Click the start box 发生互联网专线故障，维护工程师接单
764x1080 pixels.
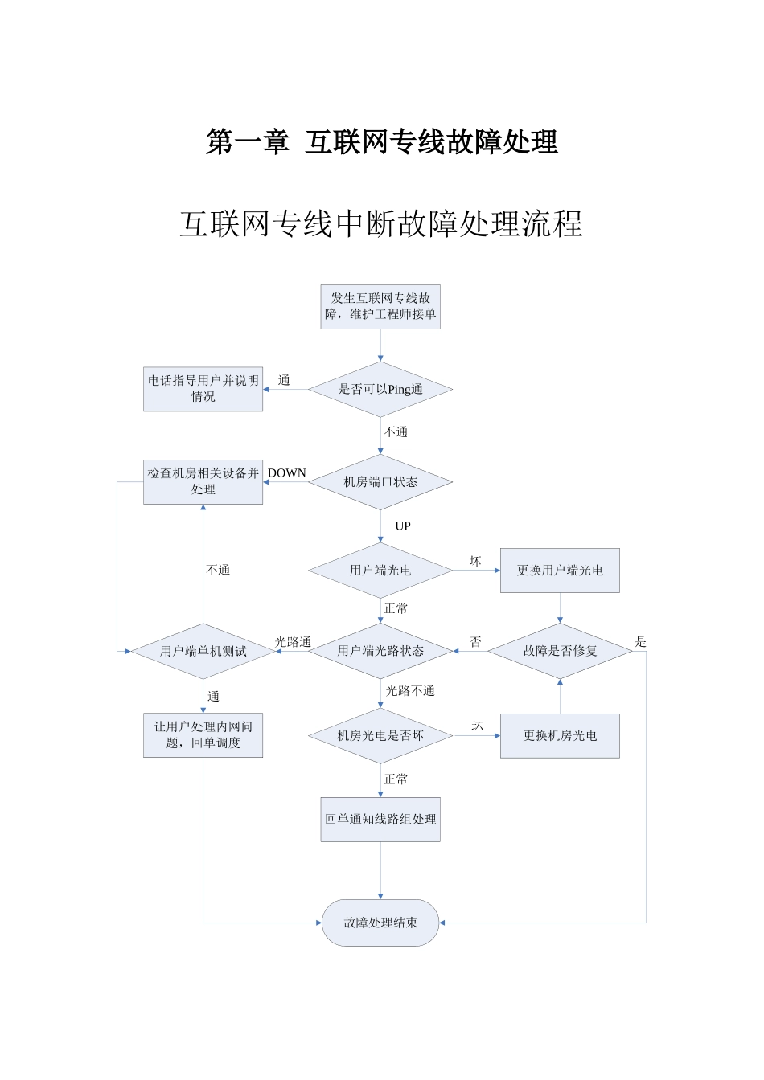380,307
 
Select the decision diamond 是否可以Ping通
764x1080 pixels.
380,390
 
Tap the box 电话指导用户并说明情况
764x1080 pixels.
203,389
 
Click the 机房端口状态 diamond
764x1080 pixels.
380,482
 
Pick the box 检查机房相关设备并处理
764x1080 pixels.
203,481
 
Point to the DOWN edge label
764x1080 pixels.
287,473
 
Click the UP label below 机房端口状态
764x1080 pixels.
403,526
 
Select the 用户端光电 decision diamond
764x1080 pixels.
380,571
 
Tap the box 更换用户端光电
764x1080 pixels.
560,571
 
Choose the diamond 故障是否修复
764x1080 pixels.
560,651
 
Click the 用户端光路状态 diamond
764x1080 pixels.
380,651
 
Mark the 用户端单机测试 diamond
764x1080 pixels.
203,651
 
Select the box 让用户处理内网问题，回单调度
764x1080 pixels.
203,735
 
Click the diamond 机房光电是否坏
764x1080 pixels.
380,735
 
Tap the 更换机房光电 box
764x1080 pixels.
560,735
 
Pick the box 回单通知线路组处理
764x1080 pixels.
380,819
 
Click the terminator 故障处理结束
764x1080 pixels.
380,922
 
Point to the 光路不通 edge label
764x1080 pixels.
410,691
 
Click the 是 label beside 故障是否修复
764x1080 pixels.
641,642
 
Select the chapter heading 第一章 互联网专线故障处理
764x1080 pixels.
382,142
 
